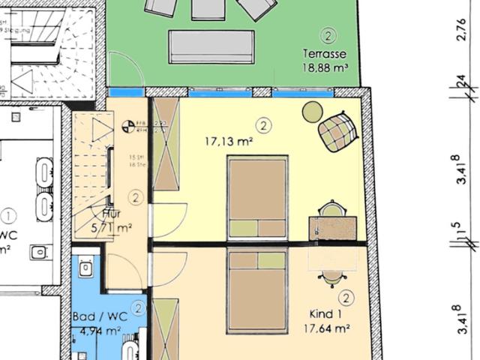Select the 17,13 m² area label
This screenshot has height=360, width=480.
pyautogui.click(x=229, y=140)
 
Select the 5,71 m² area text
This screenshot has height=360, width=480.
pyautogui.click(x=112, y=228)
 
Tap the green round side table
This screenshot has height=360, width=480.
pyautogui.click(x=312, y=112)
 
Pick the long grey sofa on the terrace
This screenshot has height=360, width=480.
pyautogui.click(x=211, y=46)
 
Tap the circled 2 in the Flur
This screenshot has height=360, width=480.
pyautogui.click(x=136, y=198)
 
